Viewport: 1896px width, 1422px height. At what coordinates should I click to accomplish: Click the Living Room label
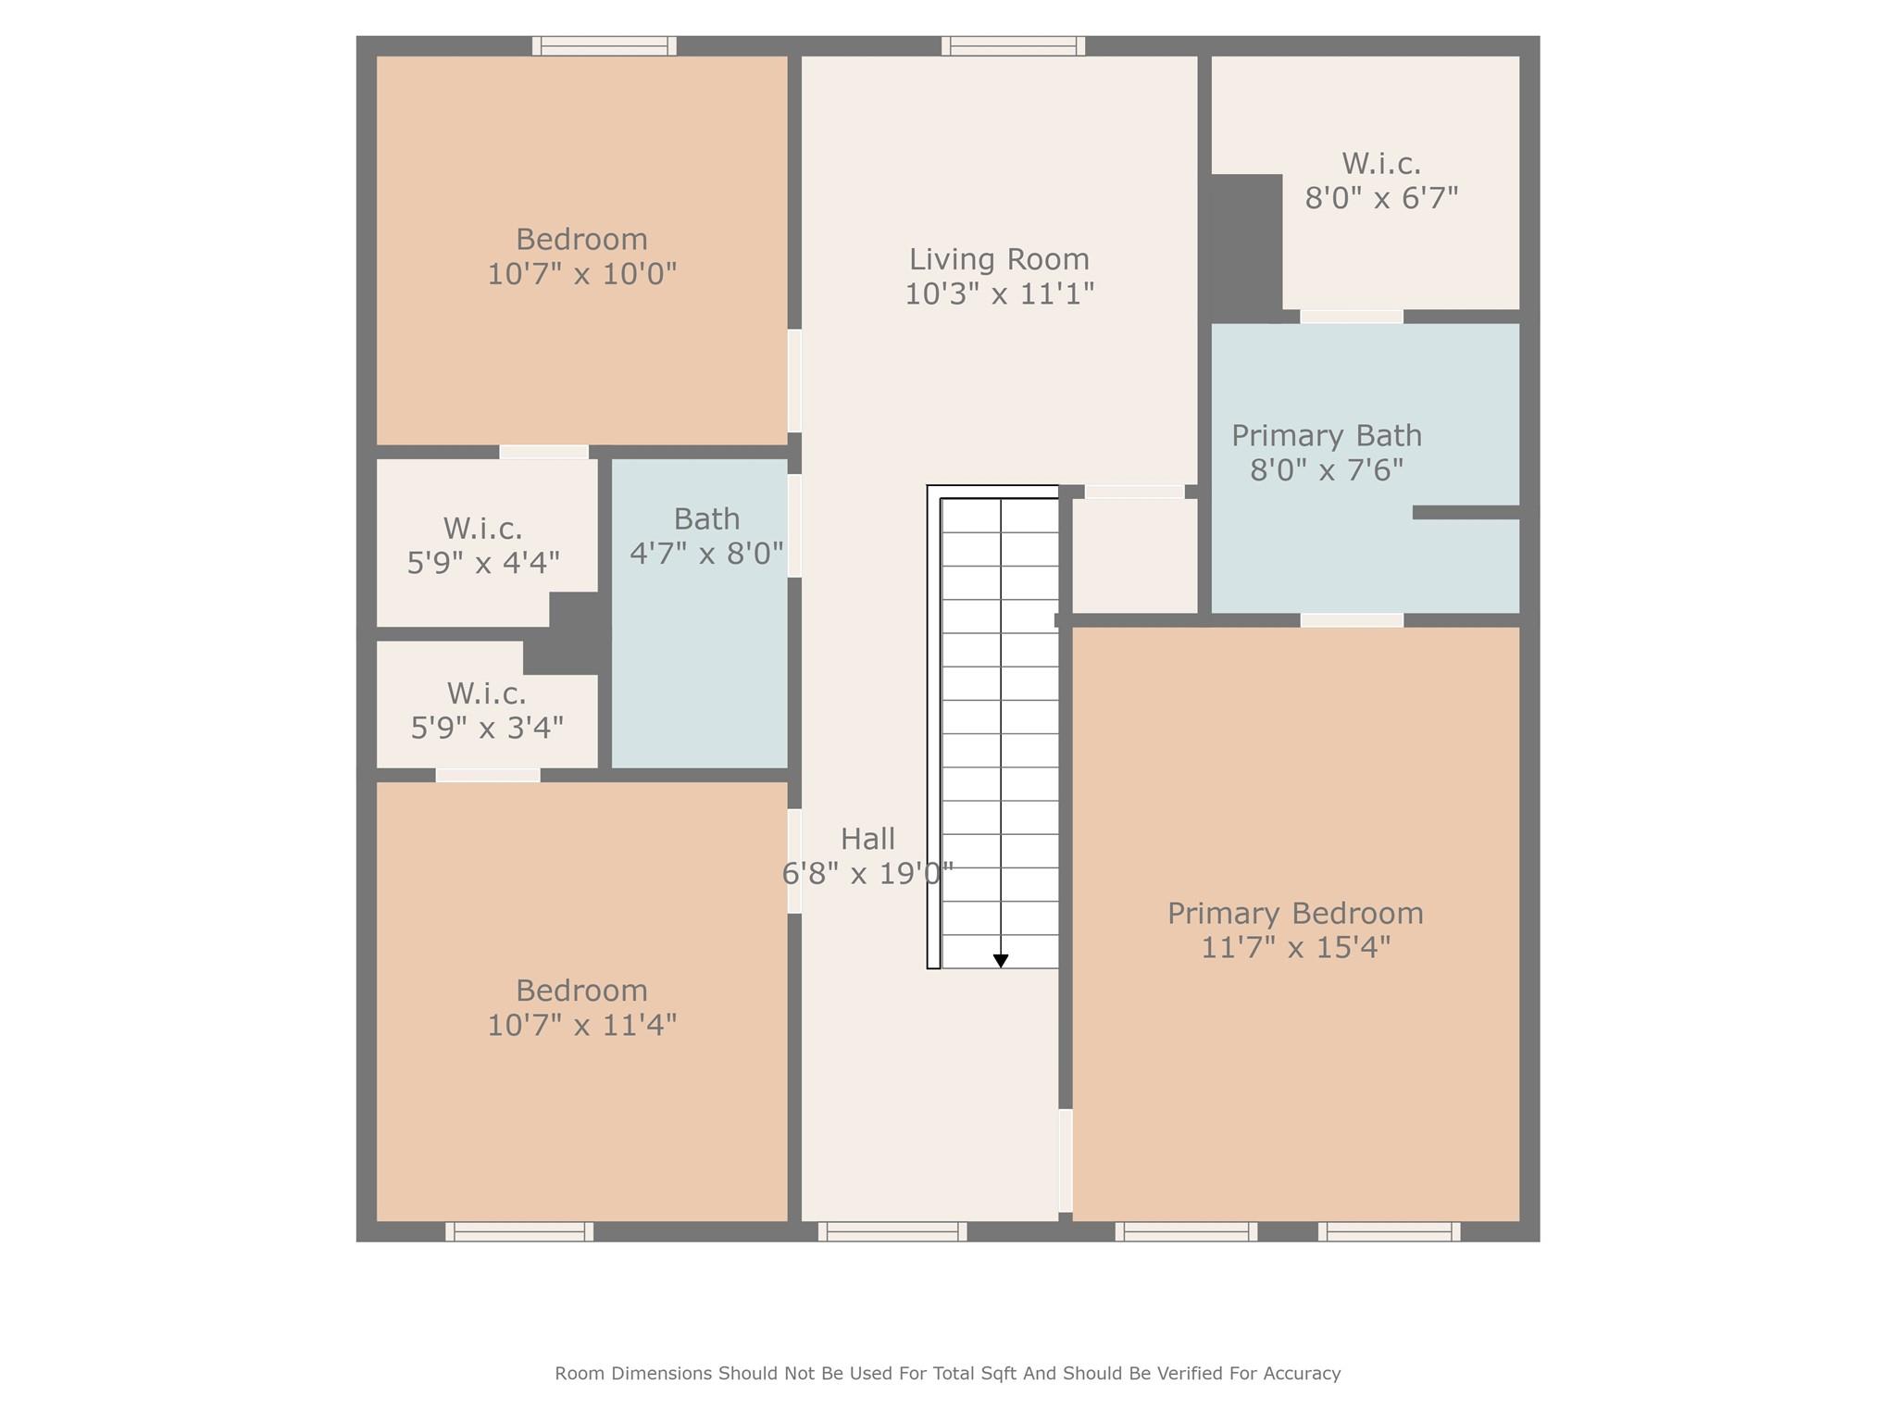(x=999, y=259)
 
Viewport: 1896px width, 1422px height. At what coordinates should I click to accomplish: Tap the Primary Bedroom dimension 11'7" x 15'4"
(x=1295, y=948)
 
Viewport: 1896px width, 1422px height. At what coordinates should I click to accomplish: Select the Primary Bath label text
(x=1326, y=435)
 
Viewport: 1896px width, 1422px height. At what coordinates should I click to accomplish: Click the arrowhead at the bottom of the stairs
(x=1001, y=961)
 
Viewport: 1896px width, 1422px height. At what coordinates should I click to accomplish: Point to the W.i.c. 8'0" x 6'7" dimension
(x=1381, y=198)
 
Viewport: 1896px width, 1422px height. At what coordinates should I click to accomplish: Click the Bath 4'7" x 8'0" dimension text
(x=706, y=554)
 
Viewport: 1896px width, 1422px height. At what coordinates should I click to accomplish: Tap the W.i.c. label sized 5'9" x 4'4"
(x=482, y=529)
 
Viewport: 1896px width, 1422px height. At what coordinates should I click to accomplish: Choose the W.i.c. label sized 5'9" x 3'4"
(x=486, y=693)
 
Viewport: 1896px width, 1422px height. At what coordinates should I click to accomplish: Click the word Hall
(x=867, y=839)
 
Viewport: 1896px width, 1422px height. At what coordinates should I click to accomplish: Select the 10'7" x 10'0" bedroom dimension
(x=582, y=274)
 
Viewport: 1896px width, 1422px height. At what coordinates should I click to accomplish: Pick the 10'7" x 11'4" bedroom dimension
(x=582, y=1025)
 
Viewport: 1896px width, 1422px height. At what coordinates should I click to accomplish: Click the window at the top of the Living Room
(x=1013, y=45)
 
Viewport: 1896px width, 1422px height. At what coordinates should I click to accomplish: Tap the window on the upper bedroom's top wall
(x=604, y=45)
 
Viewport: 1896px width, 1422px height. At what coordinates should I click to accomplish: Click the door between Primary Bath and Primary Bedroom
(x=1352, y=620)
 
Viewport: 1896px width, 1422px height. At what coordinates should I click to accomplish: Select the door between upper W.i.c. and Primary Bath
(x=1352, y=317)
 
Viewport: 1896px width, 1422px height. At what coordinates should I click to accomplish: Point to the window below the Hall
(x=892, y=1231)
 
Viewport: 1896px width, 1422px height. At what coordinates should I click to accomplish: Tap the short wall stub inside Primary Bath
(x=1466, y=512)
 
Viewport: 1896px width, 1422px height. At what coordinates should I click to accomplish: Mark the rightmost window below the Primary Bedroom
(x=1389, y=1231)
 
